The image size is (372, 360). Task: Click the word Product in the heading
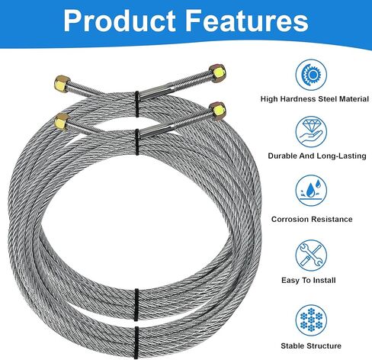(120, 21)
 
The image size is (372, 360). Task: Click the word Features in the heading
(247, 21)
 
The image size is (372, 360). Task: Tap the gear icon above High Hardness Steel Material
(311, 75)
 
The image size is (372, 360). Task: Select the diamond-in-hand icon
(311, 132)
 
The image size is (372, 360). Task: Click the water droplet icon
(311, 190)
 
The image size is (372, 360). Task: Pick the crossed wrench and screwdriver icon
(311, 256)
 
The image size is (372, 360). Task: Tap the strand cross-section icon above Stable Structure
(311, 320)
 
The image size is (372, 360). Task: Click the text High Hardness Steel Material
(315, 99)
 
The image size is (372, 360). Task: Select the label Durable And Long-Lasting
(317, 156)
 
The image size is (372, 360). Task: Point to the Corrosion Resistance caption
(312, 219)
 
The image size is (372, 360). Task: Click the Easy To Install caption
(309, 280)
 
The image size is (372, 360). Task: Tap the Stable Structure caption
(311, 346)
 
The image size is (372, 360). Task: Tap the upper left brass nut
(62, 83)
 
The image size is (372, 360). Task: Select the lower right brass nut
(217, 110)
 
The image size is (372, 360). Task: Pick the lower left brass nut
(62, 121)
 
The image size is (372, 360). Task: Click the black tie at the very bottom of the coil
(136, 342)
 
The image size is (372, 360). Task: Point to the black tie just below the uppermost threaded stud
(137, 104)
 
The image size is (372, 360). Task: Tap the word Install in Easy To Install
(324, 280)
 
